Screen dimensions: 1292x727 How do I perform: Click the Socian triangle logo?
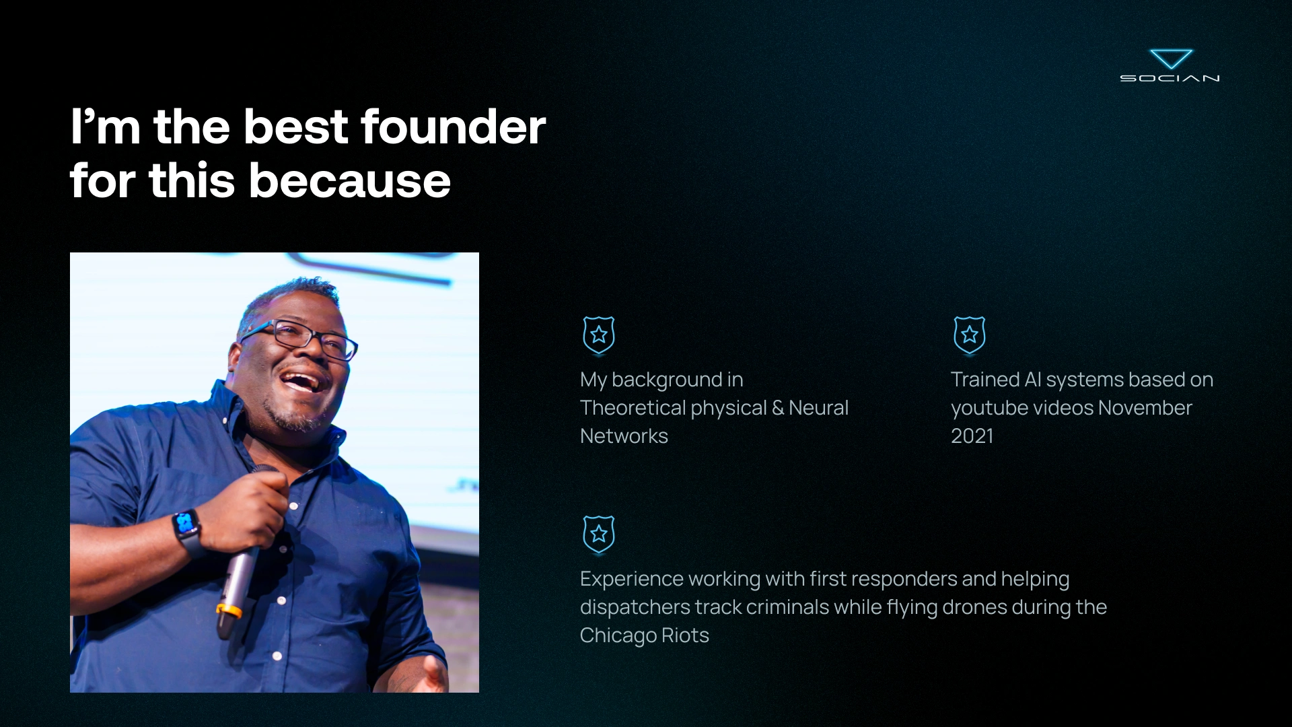click(1171, 59)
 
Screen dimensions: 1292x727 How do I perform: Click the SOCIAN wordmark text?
click(1170, 78)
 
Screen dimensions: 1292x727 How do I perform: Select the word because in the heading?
click(350, 180)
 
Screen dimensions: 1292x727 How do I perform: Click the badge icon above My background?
click(598, 335)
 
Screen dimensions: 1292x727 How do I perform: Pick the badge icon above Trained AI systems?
click(969, 335)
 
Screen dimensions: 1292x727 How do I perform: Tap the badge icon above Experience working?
click(598, 534)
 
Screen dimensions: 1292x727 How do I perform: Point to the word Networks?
click(624, 436)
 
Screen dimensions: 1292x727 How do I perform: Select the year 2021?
click(972, 436)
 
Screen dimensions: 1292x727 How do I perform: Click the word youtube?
click(989, 408)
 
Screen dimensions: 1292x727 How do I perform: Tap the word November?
click(1145, 408)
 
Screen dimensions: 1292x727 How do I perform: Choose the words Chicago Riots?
click(644, 635)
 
